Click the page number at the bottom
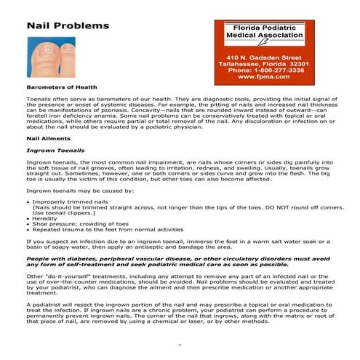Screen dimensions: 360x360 click(179, 343)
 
